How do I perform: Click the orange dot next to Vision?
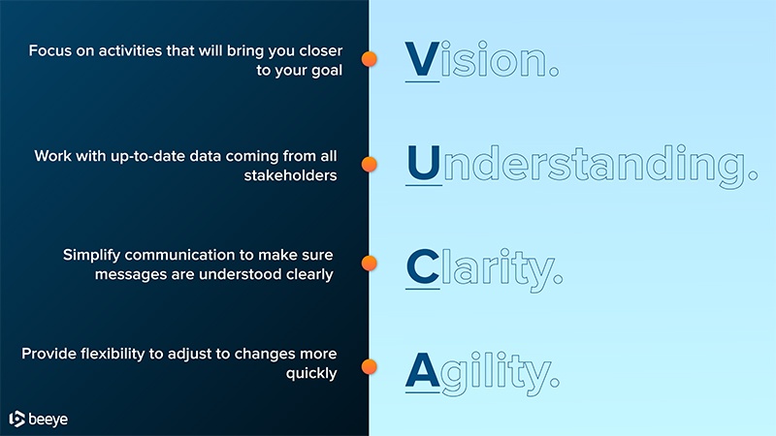pos(369,59)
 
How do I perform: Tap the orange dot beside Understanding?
pos(369,164)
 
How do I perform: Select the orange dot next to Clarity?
pos(369,263)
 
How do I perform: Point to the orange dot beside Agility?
pos(369,367)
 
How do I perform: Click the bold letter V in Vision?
pos(422,59)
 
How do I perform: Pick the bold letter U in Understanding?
pos(424,163)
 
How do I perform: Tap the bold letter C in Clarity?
pos(423,266)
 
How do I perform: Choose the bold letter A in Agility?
pos(422,370)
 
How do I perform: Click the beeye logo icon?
pos(16,419)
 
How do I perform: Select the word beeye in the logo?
pos(48,420)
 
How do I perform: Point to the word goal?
pos(327,71)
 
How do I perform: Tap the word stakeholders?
pos(290,175)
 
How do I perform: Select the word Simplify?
pos(91,256)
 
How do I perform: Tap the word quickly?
pos(311,374)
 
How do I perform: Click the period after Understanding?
pos(753,175)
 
